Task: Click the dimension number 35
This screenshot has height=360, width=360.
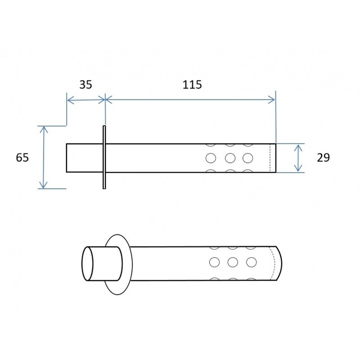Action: click(85, 85)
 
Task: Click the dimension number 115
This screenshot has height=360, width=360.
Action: click(192, 85)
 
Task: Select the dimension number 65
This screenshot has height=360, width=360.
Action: click(22, 157)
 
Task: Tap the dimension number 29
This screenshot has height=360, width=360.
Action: click(323, 157)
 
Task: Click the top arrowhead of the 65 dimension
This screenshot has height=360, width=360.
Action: click(44, 129)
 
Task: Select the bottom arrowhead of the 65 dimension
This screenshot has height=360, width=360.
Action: click(43, 185)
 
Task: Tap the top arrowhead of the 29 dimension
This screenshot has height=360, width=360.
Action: click(298, 148)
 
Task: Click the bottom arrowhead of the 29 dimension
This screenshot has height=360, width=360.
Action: click(298, 168)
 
